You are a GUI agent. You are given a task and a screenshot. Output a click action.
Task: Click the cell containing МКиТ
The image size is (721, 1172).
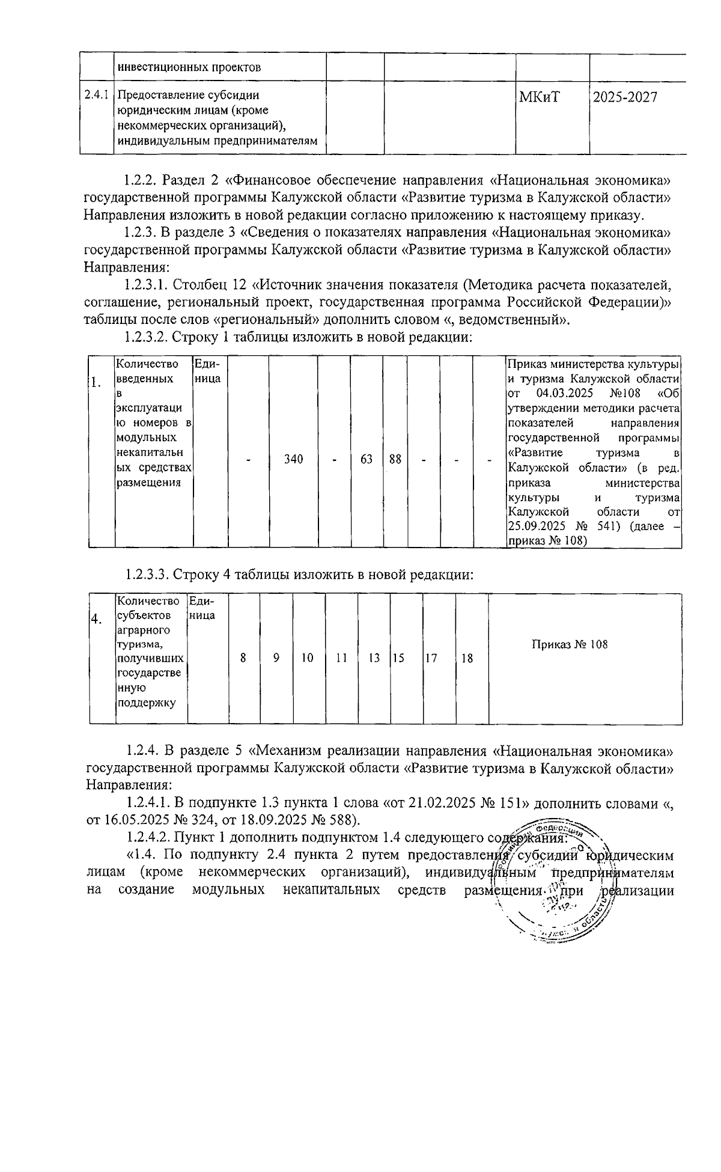coord(539,97)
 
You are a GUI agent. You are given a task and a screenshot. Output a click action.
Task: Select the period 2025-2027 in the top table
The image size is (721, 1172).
coord(625,97)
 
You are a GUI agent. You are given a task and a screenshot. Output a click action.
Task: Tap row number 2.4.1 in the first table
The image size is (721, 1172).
coord(96,95)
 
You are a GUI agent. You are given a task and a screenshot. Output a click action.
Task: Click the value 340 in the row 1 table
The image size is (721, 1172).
coord(293,459)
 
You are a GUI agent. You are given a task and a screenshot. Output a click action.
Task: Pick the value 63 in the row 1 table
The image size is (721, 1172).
coord(367,459)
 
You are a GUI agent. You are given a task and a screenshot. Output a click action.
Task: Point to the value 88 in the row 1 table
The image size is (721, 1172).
coord(395,459)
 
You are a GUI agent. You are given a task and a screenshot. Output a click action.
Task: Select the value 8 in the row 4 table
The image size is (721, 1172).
coord(243,658)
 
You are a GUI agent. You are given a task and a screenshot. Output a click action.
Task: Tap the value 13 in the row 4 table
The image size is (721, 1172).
coord(374,658)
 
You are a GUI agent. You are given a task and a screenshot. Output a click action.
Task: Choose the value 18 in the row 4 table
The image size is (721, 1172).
coord(467,658)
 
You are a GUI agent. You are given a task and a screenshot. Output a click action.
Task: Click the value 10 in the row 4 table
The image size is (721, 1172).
coord(308,658)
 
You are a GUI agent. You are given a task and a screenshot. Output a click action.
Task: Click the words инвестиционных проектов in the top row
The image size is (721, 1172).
coord(189,67)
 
